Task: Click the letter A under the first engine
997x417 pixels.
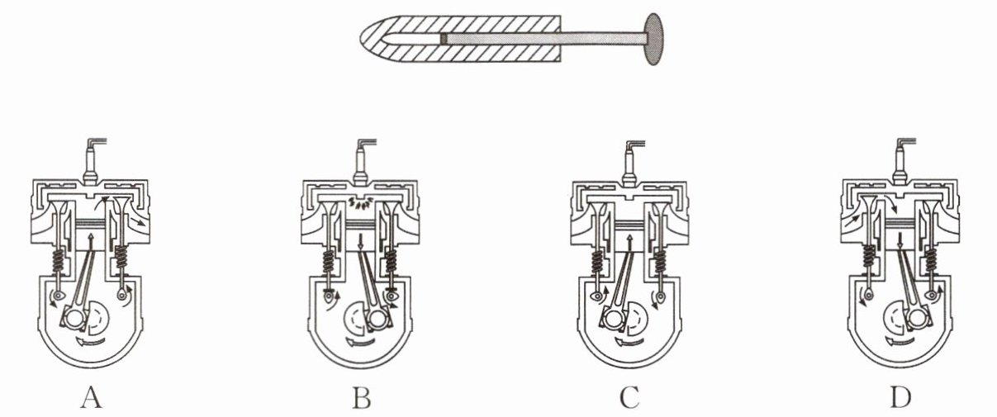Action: (92, 398)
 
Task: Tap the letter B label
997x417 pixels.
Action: (361, 398)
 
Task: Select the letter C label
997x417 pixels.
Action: (629, 398)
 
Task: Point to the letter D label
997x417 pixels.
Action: (900, 398)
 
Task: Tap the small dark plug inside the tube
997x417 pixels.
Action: (444, 39)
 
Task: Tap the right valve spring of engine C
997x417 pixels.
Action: (660, 261)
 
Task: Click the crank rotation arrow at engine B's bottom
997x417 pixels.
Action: (359, 342)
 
